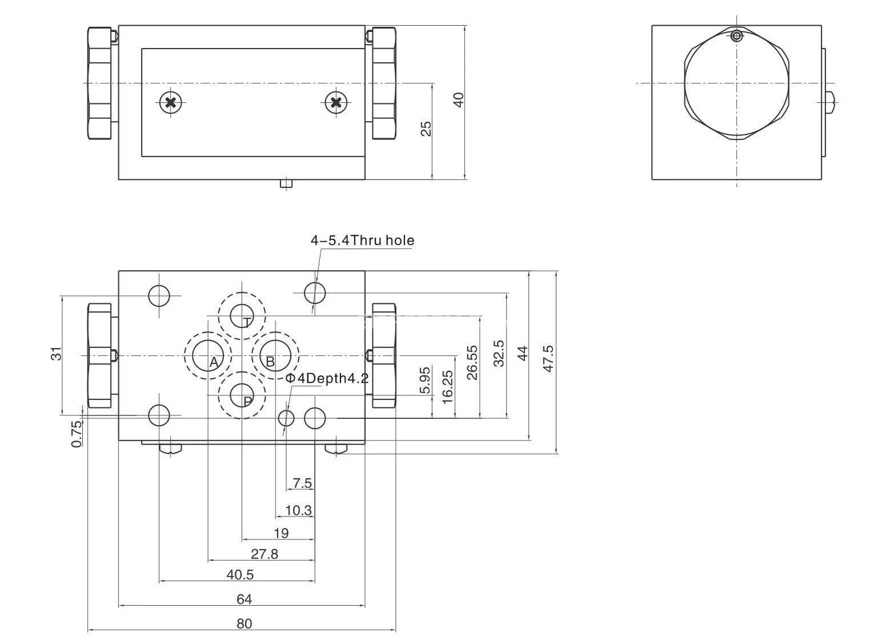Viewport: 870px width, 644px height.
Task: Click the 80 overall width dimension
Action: coord(244,623)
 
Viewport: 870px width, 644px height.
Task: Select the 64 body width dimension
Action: coord(244,599)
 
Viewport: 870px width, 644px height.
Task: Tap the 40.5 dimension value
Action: coord(240,574)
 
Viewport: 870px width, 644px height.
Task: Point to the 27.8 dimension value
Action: coord(264,554)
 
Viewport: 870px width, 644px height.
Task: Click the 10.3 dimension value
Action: coord(298,510)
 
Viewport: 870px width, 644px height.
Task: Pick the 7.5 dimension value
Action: coord(302,483)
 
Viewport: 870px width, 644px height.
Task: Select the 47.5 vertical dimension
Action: coord(548,358)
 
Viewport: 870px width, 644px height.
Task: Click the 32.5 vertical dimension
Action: coord(498,353)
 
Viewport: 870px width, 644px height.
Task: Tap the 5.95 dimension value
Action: coord(424,380)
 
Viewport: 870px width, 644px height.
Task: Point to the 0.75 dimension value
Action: coord(77,434)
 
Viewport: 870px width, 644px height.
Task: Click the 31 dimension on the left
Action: coord(56,354)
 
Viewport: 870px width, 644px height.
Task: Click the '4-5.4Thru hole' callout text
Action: coord(362,241)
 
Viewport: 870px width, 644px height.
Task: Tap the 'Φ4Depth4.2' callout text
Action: coord(327,378)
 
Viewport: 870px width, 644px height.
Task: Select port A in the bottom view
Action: coord(207,356)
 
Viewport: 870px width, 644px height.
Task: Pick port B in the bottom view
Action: coord(275,356)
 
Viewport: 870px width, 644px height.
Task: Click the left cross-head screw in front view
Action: coord(170,103)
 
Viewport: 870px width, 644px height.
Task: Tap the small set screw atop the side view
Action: coord(737,37)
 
